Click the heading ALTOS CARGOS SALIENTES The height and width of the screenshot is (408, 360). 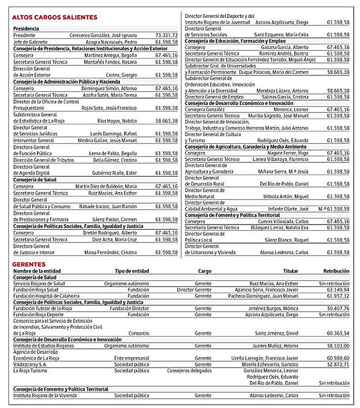pyautogui.click(x=55, y=17)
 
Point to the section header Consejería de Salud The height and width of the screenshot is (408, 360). pyautogui.click(x=35, y=179)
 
